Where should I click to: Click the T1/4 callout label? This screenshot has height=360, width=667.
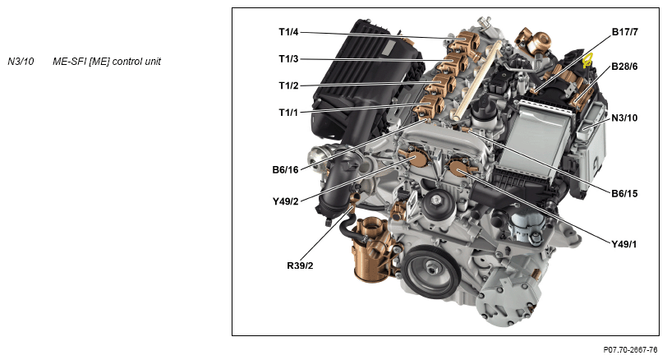pyautogui.click(x=288, y=32)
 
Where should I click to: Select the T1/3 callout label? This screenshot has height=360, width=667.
pyautogui.click(x=288, y=59)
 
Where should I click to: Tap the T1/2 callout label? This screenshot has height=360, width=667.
pyautogui.click(x=288, y=86)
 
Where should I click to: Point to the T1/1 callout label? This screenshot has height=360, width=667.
pyautogui.click(x=288, y=113)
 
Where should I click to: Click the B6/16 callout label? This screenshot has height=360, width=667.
pyautogui.click(x=285, y=170)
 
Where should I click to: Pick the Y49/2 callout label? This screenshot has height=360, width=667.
pyautogui.click(x=285, y=201)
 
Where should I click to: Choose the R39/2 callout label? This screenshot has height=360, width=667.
pyautogui.click(x=300, y=266)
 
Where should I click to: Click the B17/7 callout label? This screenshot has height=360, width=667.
pyautogui.click(x=625, y=32)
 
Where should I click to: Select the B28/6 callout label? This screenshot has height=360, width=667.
pyautogui.click(x=624, y=67)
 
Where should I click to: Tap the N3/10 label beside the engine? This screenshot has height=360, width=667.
pyautogui.click(x=624, y=118)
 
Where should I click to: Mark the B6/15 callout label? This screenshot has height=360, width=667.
pyautogui.click(x=624, y=194)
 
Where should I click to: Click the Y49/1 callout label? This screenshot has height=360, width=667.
pyautogui.click(x=624, y=244)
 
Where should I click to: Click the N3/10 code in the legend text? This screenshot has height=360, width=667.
pyautogui.click(x=21, y=62)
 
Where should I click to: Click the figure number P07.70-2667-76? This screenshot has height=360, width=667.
pyautogui.click(x=630, y=350)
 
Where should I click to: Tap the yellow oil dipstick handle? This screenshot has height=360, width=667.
pyautogui.click(x=587, y=60)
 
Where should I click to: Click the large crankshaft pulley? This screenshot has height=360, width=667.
pyautogui.click(x=431, y=271)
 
